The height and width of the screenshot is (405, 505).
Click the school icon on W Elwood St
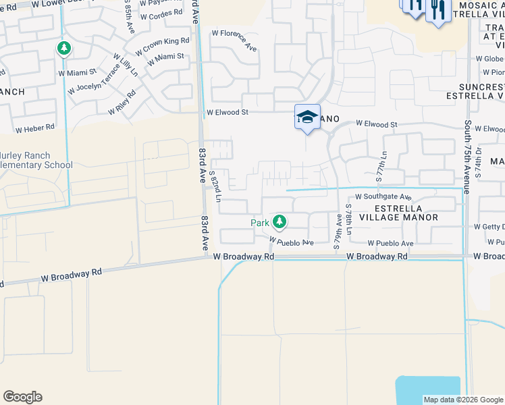click(x=307, y=116)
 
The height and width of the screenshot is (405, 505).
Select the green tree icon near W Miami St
click(x=64, y=49)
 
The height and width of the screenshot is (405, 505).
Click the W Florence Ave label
click(x=234, y=40)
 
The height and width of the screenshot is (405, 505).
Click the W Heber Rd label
click(x=34, y=128)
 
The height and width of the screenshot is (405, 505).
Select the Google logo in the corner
click(x=22, y=397)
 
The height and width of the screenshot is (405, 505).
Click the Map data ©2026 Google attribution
click(x=462, y=400)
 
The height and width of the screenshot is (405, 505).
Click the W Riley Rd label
click(x=122, y=101)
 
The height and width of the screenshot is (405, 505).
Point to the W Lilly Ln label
click(x=125, y=67)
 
